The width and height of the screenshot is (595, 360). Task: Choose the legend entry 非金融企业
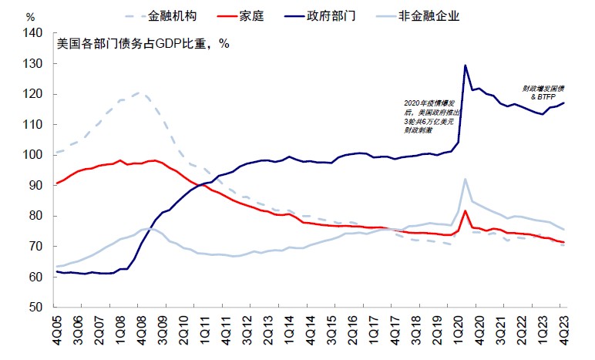(433, 15)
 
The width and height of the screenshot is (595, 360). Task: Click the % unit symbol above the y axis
(30, 15)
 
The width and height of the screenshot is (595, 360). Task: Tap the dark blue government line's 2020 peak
(466, 66)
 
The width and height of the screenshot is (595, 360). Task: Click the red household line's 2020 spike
(466, 210)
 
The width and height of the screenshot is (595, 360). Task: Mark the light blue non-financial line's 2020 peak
(466, 179)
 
